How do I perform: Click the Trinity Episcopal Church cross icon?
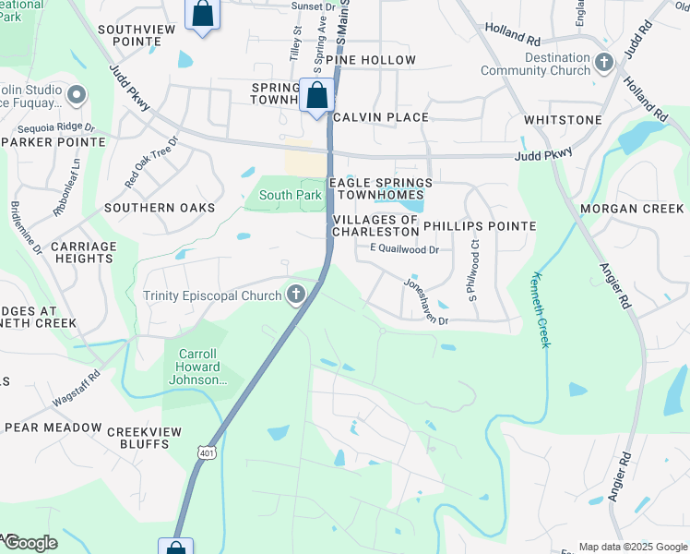[x=296, y=295]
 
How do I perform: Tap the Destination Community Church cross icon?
[x=604, y=64]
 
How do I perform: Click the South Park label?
[x=290, y=195]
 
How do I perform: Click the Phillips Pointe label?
[x=480, y=226]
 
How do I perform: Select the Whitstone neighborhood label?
[x=563, y=121]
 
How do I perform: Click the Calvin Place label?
[x=381, y=117]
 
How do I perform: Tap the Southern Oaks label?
[x=160, y=209]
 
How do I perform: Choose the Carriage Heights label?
[x=84, y=253]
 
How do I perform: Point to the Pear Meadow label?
[x=53, y=428]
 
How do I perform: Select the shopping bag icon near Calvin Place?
[x=316, y=95]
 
